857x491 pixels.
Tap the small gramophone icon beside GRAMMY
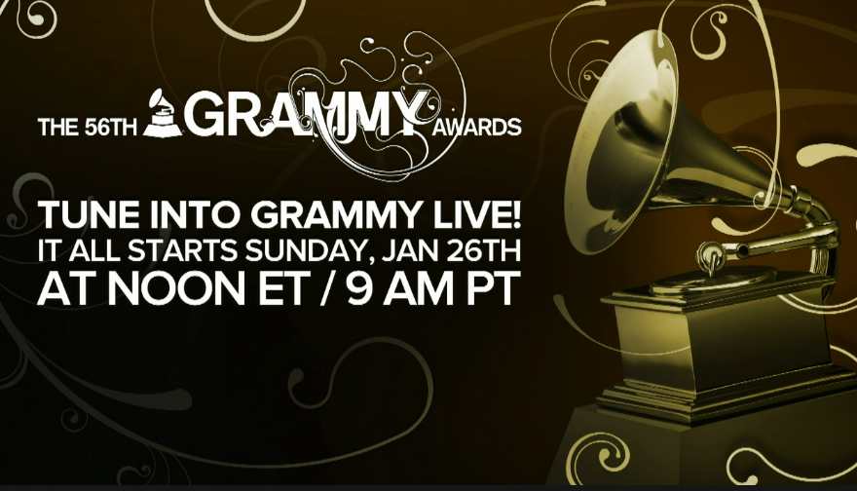tap(163, 113)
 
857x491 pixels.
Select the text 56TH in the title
tap(110, 128)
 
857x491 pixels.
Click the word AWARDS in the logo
tap(476, 127)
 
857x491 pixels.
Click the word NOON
tap(176, 288)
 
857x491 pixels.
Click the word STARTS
tap(184, 251)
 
